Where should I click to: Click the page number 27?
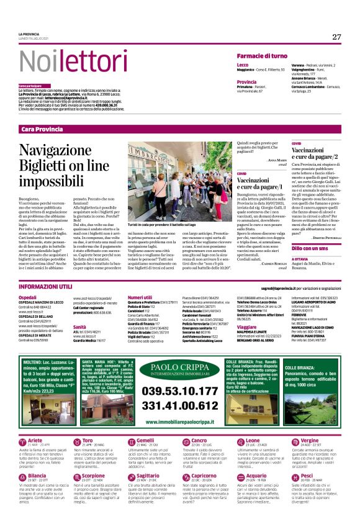(336, 37)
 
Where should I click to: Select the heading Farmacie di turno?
(261, 56)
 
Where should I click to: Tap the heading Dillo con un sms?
(311, 248)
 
